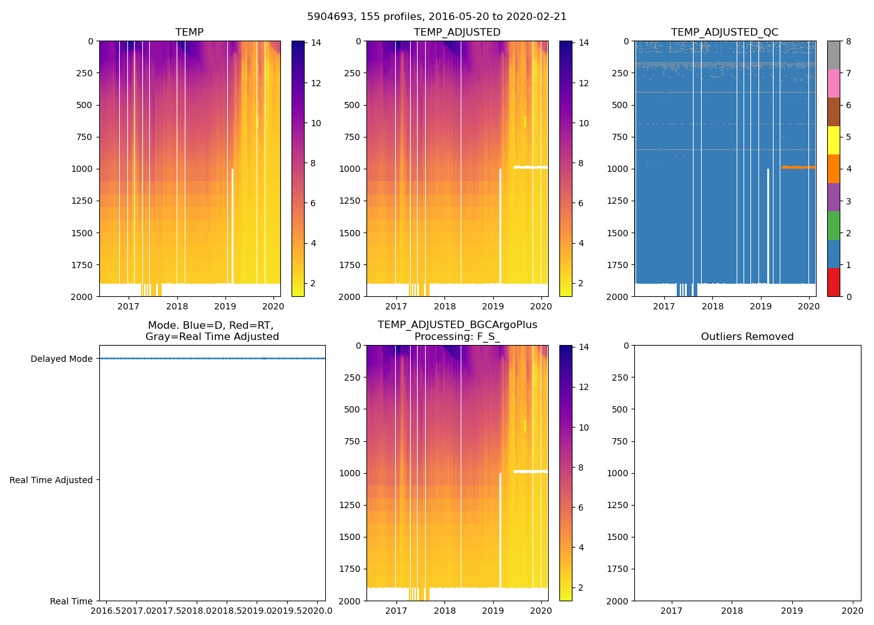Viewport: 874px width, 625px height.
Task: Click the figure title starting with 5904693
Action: pos(437,17)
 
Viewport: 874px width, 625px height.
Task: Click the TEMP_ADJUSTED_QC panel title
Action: pos(724,32)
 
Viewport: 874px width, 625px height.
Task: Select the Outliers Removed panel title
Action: pos(747,337)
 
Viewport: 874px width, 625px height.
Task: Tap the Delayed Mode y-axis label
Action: pos(61,359)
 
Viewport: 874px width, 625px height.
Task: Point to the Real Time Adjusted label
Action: pos(51,480)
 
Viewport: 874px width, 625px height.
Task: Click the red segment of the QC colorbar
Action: pos(833,282)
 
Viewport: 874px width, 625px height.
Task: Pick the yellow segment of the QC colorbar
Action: pos(833,140)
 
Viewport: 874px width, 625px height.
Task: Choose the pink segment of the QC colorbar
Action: pos(833,84)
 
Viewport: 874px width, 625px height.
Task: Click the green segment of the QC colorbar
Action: pos(833,226)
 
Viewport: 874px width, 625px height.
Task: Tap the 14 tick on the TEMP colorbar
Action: pos(316,43)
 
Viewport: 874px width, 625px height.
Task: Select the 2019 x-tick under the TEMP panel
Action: pos(225,306)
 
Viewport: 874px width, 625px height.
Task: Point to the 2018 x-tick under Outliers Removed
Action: pos(732,611)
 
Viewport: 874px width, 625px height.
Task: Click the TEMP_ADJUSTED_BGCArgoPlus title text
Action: pos(457,325)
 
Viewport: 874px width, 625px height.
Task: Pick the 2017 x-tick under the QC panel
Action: pos(664,306)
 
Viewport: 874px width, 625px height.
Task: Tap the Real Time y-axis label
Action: pos(71,601)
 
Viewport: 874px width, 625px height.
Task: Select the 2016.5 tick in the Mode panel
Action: pos(107,611)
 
